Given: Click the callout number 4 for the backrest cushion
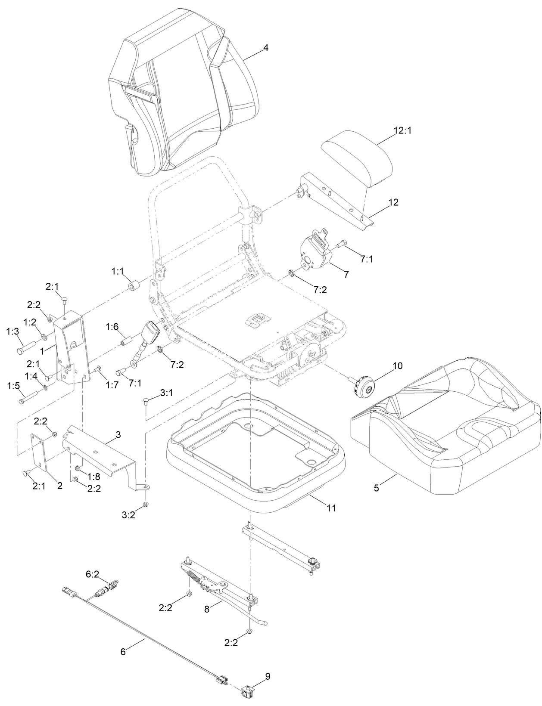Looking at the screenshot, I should tap(266, 48).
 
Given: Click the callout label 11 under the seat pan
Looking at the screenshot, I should tap(331, 508).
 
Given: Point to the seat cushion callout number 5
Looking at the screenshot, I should tap(376, 488).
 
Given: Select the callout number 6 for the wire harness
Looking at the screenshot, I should tap(123, 652).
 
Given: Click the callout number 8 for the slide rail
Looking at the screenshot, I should tap(207, 610).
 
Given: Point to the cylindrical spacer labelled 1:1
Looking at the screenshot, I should tap(134, 286).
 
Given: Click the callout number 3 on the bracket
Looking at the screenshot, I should tap(118, 435).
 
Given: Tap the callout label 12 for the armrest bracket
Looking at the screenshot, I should tap(393, 202).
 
